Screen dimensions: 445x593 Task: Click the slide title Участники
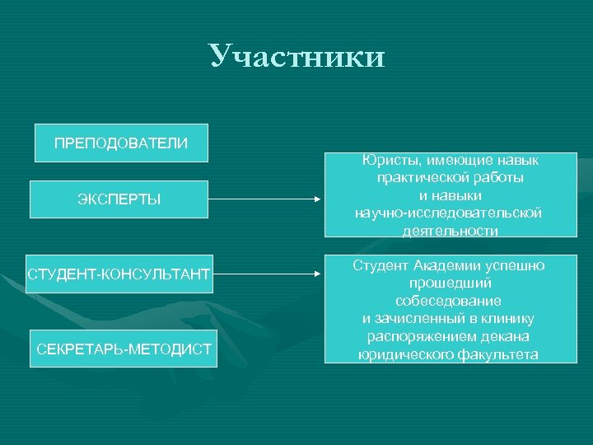pyautogui.click(x=296, y=56)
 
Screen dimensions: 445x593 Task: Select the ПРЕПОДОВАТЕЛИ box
pyautogui.click(x=120, y=143)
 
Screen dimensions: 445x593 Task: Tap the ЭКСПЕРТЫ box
pyautogui.click(x=119, y=199)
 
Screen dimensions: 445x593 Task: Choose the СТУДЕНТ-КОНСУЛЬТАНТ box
pyautogui.click(x=119, y=272)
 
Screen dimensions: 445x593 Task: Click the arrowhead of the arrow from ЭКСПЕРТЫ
pyautogui.click(x=320, y=199)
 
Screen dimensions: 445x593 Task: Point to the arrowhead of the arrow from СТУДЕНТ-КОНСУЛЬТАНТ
pyautogui.click(x=320, y=272)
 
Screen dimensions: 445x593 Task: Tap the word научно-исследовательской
pyautogui.click(x=448, y=213)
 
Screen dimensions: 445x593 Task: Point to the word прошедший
pyautogui.click(x=449, y=283)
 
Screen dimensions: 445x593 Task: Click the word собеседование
pyautogui.click(x=449, y=301)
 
